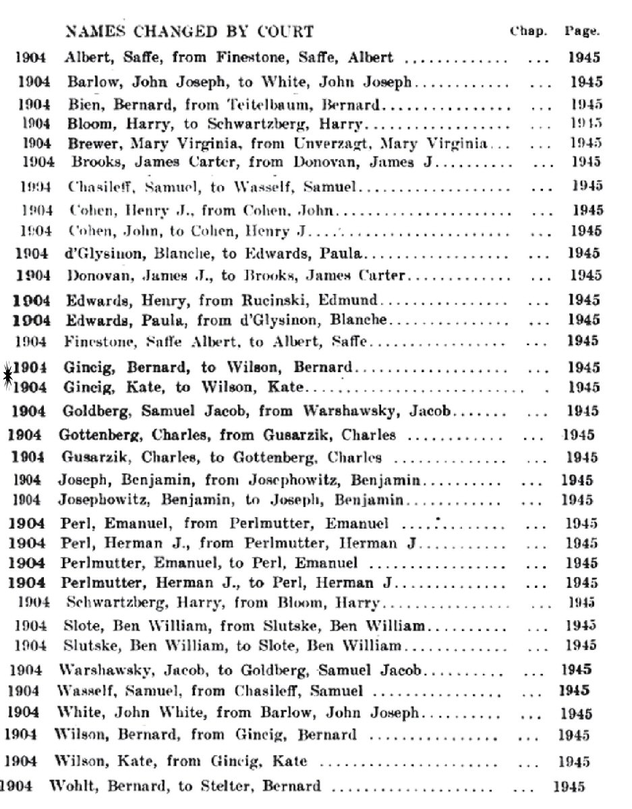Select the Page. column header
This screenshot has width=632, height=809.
(582, 31)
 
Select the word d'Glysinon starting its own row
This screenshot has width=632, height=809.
(100, 254)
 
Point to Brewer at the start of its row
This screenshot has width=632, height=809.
(89, 143)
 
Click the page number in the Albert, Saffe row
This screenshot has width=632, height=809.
(583, 58)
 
